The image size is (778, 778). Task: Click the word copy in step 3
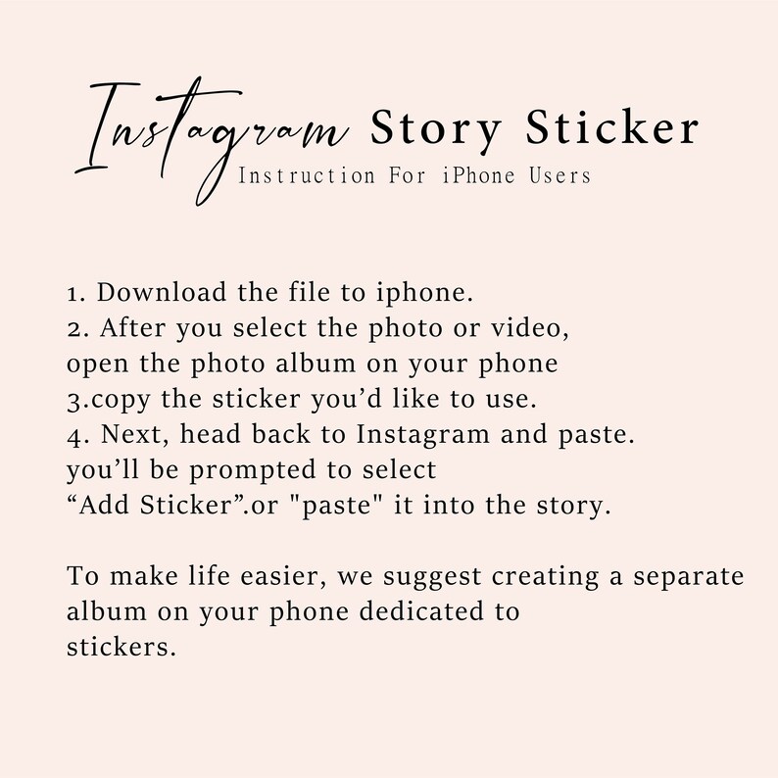(x=116, y=400)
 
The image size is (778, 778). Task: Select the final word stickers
(x=122, y=647)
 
